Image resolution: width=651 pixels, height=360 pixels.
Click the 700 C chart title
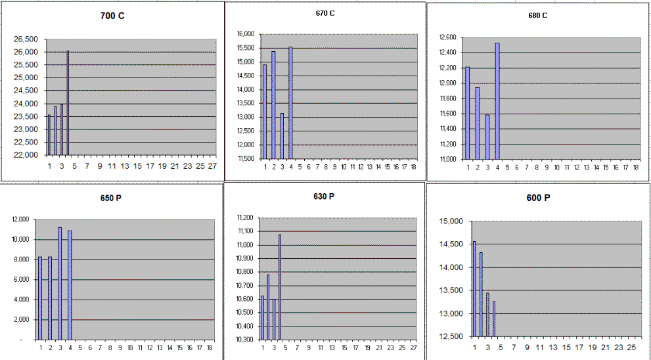112,15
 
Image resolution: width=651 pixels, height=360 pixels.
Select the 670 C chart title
325,12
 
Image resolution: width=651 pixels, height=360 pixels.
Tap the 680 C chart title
536,14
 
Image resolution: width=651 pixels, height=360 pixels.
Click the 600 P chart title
538,198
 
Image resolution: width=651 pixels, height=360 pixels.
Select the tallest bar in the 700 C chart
68,102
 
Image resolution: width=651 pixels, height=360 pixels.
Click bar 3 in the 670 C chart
282,135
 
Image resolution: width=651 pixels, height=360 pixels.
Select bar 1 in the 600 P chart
474,288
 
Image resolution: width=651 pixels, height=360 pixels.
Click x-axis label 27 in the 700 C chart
212,166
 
